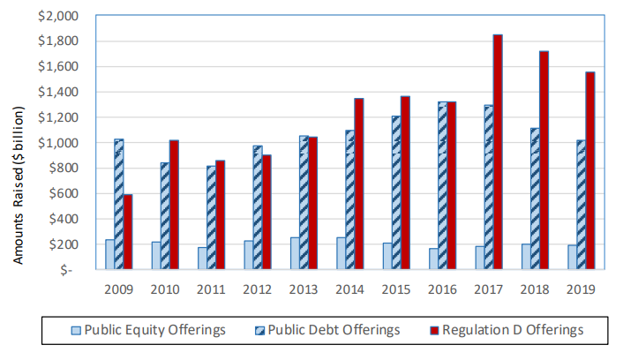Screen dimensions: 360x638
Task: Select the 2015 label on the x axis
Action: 396,289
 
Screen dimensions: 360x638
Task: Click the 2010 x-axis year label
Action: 165,289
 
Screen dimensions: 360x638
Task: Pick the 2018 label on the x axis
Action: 535,289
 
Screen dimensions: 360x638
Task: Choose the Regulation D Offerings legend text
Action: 514,330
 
